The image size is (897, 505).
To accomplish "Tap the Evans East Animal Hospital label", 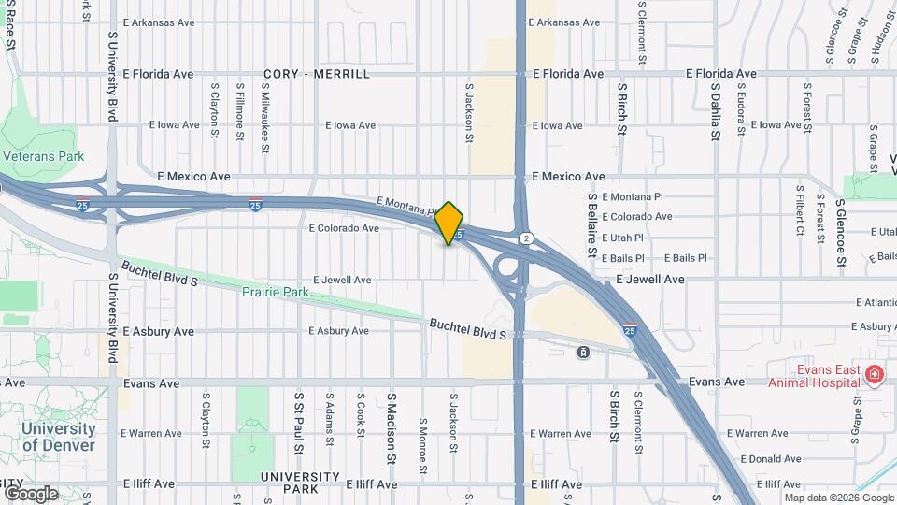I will point(814,375).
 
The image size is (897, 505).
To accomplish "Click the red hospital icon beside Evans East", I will point(875,376).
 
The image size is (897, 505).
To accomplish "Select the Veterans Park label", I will point(43,156).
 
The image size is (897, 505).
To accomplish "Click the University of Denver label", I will point(58,437).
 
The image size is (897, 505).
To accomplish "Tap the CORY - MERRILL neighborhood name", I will point(317,74).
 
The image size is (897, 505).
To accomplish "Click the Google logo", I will point(30,493).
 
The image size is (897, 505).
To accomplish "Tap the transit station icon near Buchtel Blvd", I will point(583,352).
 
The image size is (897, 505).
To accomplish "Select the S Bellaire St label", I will point(592,225).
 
